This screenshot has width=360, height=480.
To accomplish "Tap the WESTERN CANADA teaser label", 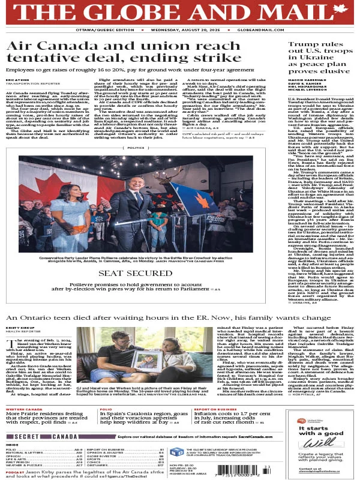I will (25, 410).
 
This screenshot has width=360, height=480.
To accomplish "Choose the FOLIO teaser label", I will (105, 410).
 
